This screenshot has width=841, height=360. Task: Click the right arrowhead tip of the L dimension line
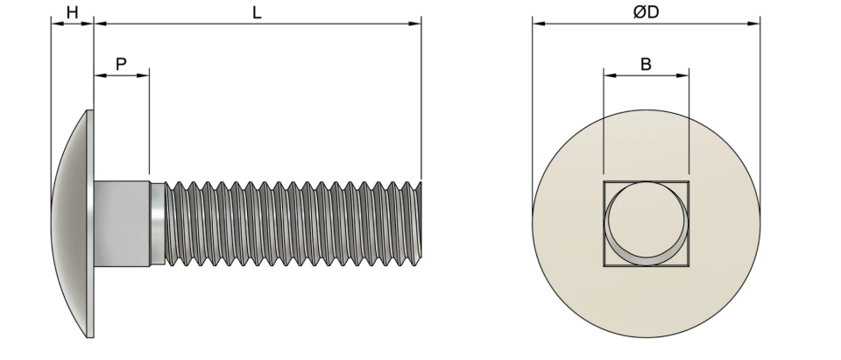point(421,24)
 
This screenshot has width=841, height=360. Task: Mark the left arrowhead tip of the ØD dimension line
point(533,24)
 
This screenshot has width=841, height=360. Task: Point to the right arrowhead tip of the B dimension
point(689,75)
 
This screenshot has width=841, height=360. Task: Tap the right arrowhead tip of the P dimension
point(149,75)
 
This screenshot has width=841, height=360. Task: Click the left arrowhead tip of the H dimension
point(51,24)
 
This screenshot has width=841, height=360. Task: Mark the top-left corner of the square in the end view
point(604,181)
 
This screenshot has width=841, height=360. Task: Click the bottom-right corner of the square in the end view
point(689,266)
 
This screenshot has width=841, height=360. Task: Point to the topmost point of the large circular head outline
point(647,110)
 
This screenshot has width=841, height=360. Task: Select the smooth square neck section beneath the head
point(122,223)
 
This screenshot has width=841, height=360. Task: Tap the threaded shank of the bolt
point(293,223)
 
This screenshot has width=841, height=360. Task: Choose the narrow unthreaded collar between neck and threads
point(157,223)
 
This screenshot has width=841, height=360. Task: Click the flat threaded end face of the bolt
point(420,220)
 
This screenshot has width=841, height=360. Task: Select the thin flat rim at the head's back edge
point(90,223)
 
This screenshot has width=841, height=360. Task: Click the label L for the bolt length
point(257,13)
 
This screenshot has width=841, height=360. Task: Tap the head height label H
point(72,13)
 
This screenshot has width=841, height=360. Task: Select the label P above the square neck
point(121,65)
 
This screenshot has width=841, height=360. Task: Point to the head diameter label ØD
point(646,12)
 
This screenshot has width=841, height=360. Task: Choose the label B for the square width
point(646,65)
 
